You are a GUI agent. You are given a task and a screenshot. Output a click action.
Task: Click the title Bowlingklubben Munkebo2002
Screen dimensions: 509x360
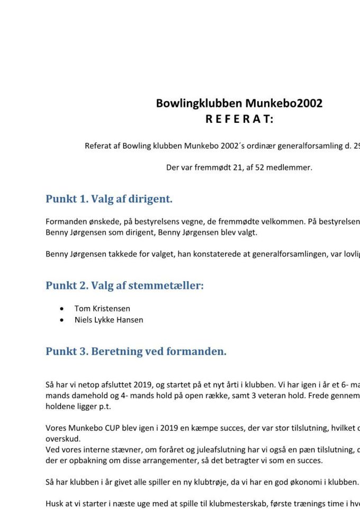click(x=239, y=103)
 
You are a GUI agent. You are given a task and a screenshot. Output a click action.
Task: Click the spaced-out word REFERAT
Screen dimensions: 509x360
click(x=239, y=119)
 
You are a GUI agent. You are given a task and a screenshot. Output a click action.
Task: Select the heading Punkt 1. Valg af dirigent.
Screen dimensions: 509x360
click(x=109, y=199)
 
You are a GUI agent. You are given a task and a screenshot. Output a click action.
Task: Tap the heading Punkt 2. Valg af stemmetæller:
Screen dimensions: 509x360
click(x=124, y=285)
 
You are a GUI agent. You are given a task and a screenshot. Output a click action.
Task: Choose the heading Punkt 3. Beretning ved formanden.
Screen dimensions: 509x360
click(x=136, y=351)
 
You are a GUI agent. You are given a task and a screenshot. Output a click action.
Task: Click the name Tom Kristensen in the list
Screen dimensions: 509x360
click(x=102, y=308)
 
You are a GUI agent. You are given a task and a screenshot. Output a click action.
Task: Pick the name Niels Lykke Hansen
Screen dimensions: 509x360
click(x=109, y=320)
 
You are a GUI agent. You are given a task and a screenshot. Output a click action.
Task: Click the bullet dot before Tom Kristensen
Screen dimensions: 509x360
click(x=63, y=308)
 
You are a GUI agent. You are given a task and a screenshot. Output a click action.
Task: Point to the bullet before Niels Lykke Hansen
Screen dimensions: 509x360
click(x=63, y=320)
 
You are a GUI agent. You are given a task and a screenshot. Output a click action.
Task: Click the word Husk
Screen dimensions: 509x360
click(x=55, y=504)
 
